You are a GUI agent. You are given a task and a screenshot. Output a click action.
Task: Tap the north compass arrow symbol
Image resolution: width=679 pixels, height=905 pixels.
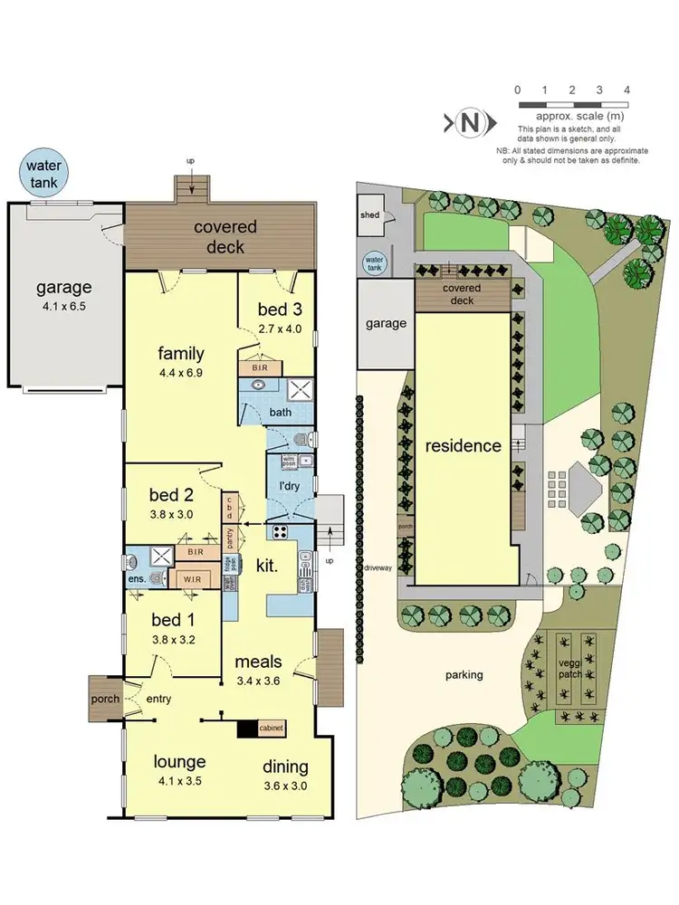pyautogui.click(x=469, y=122)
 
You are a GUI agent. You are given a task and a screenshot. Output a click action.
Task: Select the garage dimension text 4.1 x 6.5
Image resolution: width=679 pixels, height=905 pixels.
pyautogui.click(x=63, y=308)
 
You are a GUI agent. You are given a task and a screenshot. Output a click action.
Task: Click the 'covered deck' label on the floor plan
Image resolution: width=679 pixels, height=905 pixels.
pyautogui.click(x=225, y=237)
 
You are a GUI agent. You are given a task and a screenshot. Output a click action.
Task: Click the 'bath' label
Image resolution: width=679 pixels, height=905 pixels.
pyautogui.click(x=281, y=413)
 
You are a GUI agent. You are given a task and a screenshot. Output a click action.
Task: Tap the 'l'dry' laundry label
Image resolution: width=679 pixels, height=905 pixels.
pyautogui.click(x=290, y=486)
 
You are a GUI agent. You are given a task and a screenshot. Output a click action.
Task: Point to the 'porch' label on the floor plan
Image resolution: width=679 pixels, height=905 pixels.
pyautogui.click(x=105, y=700)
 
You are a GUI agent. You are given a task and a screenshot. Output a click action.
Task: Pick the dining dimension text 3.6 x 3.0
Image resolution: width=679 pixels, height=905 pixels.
pyautogui.click(x=284, y=786)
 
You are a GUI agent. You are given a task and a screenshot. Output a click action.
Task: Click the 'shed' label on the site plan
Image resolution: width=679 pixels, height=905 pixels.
pyautogui.click(x=370, y=215)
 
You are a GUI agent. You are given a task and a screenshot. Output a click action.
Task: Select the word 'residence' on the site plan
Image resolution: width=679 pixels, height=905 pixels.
pyautogui.click(x=464, y=445)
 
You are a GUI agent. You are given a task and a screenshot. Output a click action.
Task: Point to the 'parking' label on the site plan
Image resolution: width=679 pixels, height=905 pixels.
pyautogui.click(x=464, y=674)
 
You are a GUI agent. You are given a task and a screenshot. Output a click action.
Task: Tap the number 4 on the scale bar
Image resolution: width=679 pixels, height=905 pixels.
pyautogui.click(x=626, y=90)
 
